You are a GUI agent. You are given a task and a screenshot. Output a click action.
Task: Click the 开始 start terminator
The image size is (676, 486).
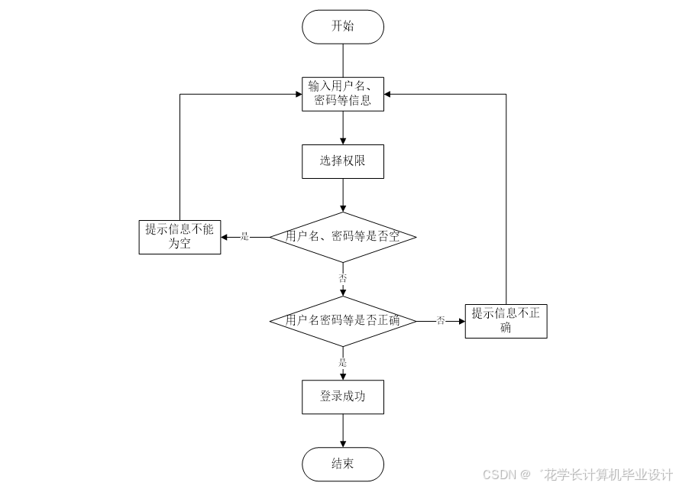[x=343, y=27]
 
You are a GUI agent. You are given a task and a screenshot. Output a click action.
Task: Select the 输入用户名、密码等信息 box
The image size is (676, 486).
[x=343, y=92]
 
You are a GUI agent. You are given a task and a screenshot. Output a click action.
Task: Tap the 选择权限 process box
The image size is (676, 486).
[x=343, y=161]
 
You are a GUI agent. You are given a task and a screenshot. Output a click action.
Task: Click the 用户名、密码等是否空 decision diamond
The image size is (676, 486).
[x=343, y=237]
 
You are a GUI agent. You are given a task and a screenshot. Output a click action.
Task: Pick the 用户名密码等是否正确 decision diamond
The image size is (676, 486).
[x=343, y=321]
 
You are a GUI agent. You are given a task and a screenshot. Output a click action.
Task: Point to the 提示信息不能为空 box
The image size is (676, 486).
[x=180, y=237]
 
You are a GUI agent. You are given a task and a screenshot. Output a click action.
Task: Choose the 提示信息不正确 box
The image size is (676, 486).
[x=506, y=321]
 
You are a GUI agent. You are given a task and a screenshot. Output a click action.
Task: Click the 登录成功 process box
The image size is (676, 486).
[x=343, y=397]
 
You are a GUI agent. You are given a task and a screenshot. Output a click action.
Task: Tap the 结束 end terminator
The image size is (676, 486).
[x=343, y=464]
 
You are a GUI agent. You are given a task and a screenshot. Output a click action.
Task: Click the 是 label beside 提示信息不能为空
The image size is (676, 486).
[x=245, y=237]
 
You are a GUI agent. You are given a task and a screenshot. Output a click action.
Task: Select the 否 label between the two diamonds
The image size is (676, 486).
[x=343, y=278]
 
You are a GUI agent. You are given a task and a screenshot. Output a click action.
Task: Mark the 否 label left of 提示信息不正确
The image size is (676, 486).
[x=441, y=321]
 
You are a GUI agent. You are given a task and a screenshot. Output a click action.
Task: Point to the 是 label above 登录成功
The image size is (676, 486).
[x=343, y=362]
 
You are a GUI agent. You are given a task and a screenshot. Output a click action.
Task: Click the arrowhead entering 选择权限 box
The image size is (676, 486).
[x=343, y=141]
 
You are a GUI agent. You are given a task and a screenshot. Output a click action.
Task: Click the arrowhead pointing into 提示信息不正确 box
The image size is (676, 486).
[x=461, y=321]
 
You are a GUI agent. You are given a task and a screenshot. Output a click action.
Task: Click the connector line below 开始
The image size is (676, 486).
[x=343, y=60]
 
